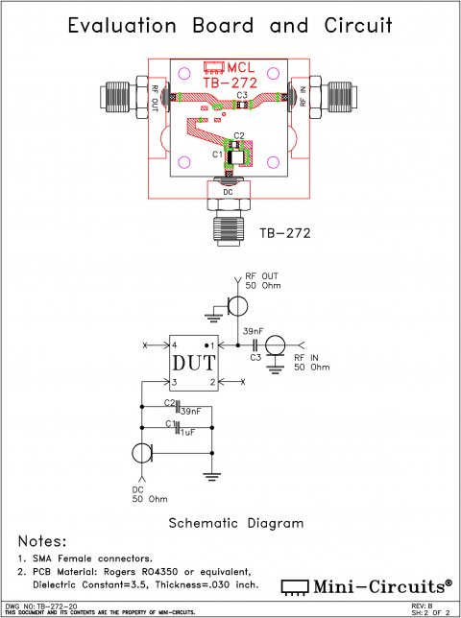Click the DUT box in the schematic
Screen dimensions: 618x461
pyautogui.click(x=192, y=364)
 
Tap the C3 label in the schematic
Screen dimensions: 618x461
pyautogui.click(x=255, y=357)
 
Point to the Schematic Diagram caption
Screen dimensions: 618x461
pyautogui.click(x=235, y=523)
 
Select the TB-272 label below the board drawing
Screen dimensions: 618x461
pyautogui.click(x=285, y=232)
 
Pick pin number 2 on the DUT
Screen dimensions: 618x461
pyautogui.click(x=210, y=382)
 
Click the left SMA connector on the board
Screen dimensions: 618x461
pyautogui.click(x=117, y=96)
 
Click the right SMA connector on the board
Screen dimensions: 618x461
pyautogui.click(x=342, y=95)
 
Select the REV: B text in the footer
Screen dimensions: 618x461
pyautogui.click(x=423, y=606)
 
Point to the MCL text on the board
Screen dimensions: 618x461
pyautogui.click(x=241, y=68)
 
